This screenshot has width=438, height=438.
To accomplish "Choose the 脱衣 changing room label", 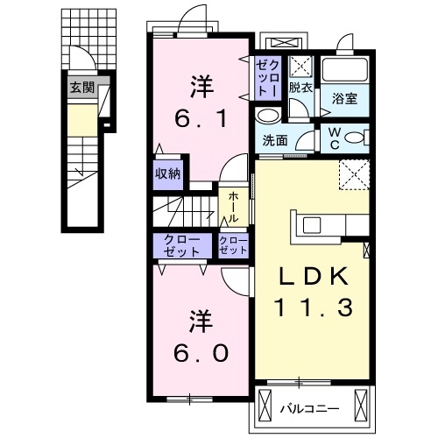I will (300, 87).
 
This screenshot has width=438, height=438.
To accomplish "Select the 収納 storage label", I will (168, 173).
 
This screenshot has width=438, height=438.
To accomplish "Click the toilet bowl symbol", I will (356, 138).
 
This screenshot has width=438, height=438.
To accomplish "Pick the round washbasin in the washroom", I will (266, 117).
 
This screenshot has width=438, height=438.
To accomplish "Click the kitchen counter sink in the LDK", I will (313, 226).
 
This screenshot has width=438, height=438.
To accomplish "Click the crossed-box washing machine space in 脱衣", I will (300, 66).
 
